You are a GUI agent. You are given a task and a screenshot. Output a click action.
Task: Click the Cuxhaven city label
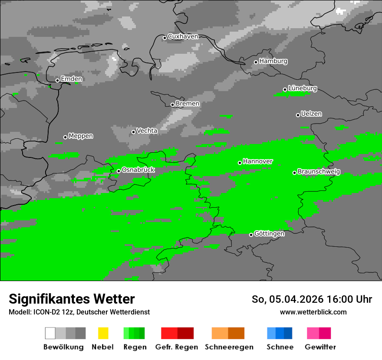point(183,36)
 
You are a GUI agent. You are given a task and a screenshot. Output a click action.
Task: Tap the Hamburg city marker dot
point(256,62)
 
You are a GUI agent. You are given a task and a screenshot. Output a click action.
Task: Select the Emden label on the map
point(71,79)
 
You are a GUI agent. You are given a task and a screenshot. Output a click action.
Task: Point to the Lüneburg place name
point(303,88)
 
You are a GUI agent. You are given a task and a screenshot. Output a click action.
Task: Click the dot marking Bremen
point(172,105)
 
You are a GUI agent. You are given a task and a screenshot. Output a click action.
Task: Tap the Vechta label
point(147,131)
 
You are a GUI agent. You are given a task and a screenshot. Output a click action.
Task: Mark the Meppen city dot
point(65,137)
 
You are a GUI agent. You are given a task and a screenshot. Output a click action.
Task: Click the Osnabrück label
point(138,170)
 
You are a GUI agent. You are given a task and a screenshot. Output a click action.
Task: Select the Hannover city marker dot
point(240,163)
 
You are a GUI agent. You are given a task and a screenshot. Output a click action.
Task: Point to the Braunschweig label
point(319,171)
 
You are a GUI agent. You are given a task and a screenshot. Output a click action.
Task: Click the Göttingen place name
point(269,233)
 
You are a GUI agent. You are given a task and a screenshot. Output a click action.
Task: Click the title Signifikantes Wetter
point(72,299)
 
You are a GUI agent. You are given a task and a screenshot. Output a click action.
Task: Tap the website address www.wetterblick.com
point(313,312)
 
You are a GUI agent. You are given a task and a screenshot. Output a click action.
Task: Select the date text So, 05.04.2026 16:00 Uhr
point(312,299)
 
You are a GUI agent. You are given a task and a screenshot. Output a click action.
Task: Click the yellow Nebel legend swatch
point(103,333)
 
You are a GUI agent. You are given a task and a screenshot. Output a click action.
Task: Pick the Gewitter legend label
point(320,347)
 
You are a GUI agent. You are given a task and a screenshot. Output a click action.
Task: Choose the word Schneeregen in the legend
point(229,347)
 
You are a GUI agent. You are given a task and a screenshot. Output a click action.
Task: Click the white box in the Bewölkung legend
point(50,333)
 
